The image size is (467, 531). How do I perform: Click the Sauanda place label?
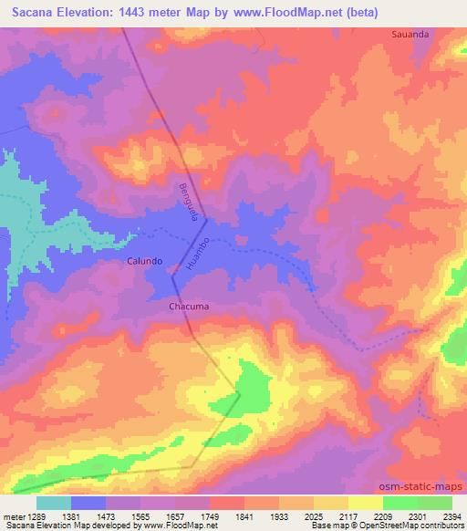[x=410, y=34]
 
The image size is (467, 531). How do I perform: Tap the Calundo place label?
[x=144, y=261]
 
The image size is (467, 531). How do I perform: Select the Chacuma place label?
[x=189, y=307]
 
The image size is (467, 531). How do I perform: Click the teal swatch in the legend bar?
[x=53, y=503]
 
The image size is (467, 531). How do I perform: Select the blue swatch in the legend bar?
[x=88, y=503]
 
